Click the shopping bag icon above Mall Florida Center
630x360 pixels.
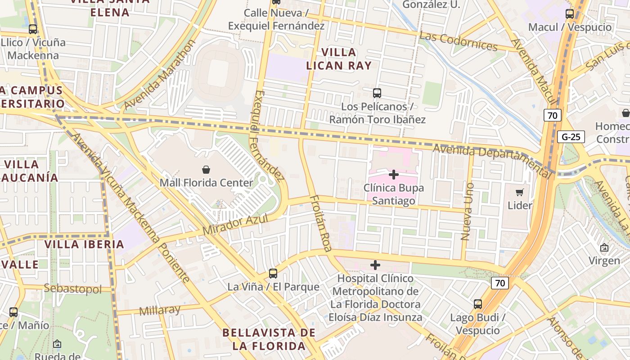[x=206, y=170]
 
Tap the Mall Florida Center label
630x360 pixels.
[x=207, y=183]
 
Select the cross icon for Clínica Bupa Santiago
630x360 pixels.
[x=394, y=174]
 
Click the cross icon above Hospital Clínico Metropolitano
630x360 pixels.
[x=375, y=265]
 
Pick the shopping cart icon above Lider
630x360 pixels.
[x=520, y=193]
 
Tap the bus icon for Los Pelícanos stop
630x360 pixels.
[x=377, y=93]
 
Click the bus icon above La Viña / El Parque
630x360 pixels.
[x=273, y=273]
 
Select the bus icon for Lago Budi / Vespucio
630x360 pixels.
[x=478, y=304]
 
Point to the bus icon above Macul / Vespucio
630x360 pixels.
[x=570, y=14]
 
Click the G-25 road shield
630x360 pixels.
[x=571, y=137]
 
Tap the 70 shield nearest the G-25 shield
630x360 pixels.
[x=553, y=115]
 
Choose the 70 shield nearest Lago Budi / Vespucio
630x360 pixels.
[x=499, y=283]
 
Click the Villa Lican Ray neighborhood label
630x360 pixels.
[x=339, y=59]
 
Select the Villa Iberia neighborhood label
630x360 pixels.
[x=84, y=244]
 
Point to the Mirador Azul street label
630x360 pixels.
[x=235, y=224]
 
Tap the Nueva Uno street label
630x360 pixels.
[x=468, y=211]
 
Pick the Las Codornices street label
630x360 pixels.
[x=458, y=41]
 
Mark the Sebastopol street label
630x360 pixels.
[x=73, y=289]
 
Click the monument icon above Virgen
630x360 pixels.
[x=604, y=247]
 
